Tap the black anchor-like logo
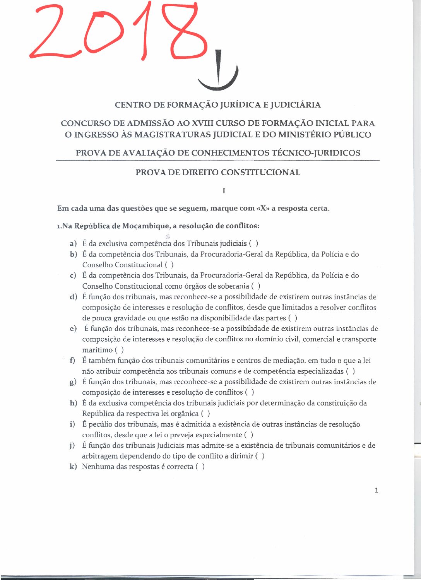coord(219,72)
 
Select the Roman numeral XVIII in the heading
coord(202,123)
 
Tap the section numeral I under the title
coord(224,190)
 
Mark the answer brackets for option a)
coord(254,243)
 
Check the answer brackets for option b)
coord(169,265)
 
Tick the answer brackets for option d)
coord(293,318)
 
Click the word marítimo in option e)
coord(97,350)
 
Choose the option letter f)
coord(72,361)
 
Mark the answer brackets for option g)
coord(250,392)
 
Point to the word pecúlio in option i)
coord(100,424)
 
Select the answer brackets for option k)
coord(200,467)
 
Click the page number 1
coord(377,490)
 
